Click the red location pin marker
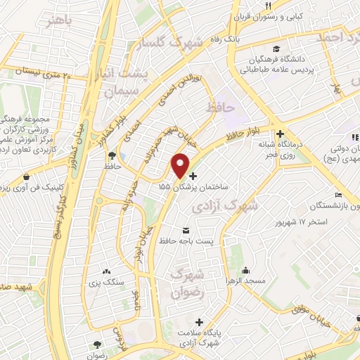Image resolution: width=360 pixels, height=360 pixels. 181,165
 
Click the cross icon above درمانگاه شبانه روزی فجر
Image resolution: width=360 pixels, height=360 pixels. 281,134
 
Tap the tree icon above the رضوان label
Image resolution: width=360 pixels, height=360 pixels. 97,345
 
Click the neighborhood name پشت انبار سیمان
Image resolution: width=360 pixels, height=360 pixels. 124,82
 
